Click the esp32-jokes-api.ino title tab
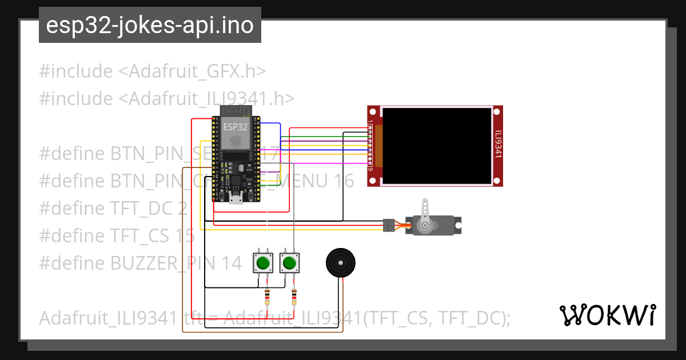150,25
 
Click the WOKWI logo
607,315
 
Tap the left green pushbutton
263,263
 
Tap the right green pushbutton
289,263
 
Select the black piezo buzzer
340,263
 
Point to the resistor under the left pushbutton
267,297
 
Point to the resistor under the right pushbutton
294,297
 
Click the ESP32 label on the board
236,127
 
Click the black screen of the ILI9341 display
437,146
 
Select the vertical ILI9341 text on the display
498,146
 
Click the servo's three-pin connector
389,225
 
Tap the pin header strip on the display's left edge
370,146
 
